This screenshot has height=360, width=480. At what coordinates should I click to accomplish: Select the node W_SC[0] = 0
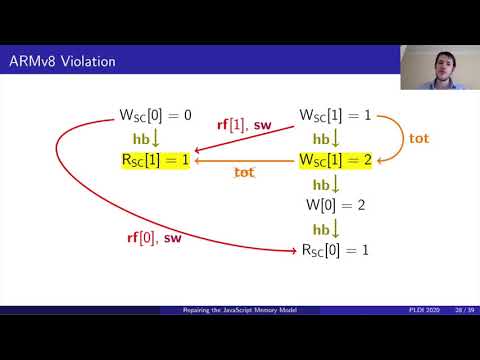click(154, 116)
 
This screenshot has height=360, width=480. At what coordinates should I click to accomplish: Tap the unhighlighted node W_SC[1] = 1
click(337, 116)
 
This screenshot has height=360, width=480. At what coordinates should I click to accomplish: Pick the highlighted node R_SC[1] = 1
click(154, 159)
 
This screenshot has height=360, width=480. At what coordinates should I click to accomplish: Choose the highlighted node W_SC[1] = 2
click(337, 159)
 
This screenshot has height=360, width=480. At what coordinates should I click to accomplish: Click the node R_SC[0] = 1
click(336, 248)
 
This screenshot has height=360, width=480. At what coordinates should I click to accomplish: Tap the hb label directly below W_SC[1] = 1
click(324, 138)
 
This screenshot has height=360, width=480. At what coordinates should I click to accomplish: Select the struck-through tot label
click(244, 172)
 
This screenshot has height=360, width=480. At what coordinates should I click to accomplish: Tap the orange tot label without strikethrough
click(419, 138)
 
